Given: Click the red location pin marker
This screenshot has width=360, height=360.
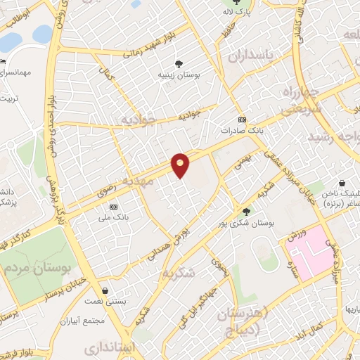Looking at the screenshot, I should pyautogui.click(x=181, y=165).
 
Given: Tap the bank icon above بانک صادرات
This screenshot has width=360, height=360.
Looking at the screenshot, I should pyautogui.click(x=242, y=120).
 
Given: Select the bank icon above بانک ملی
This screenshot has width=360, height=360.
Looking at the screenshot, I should pyautogui.click(x=114, y=207).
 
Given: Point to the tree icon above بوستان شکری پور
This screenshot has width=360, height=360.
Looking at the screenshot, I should pyautogui.click(x=245, y=211).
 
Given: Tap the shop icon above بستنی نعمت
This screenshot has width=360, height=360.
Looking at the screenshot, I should pyautogui.click(x=105, y=290).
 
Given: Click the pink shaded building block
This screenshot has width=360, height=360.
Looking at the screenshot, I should pyautogui.click(x=316, y=252).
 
